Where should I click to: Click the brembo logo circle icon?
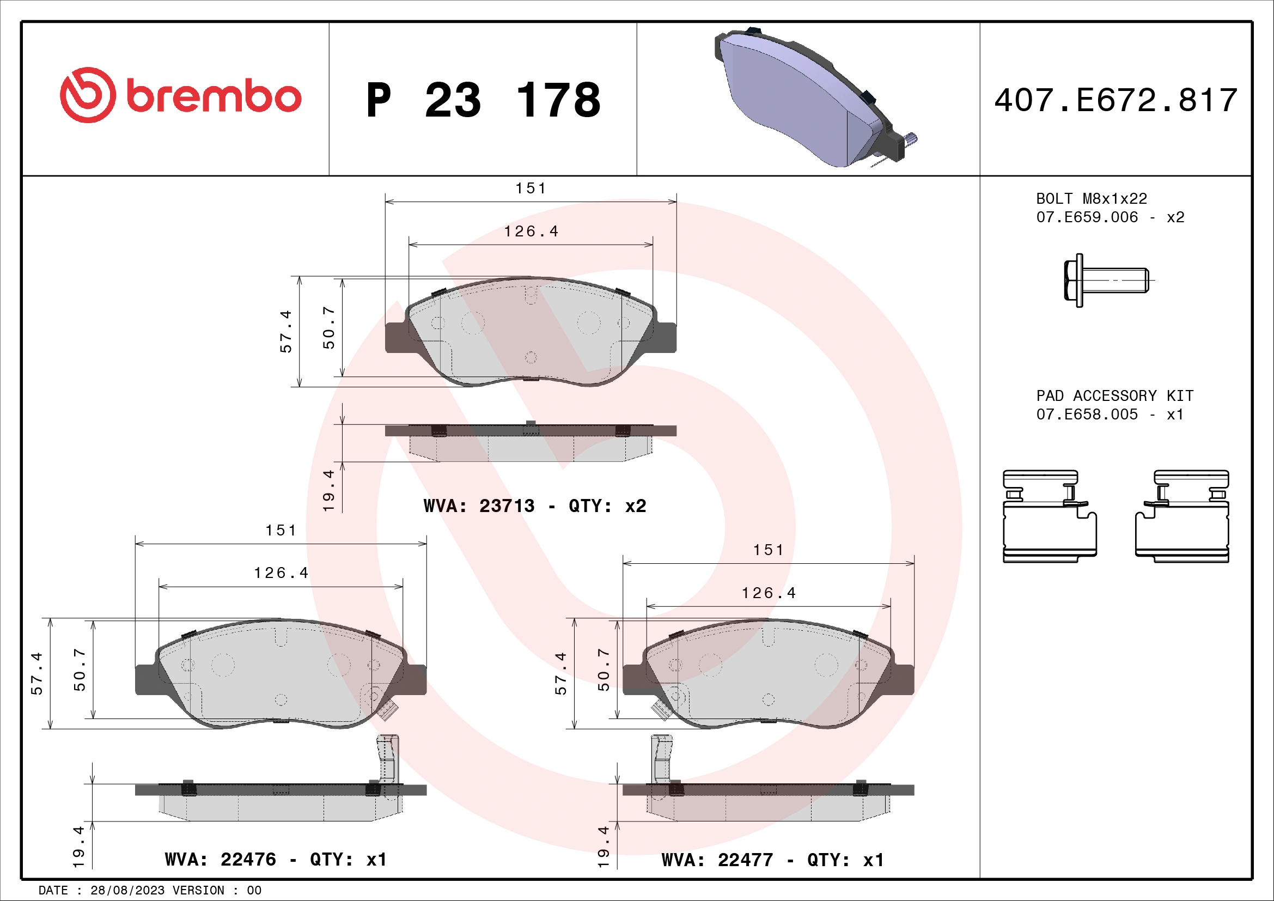point(88,95)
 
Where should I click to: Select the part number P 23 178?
point(483,100)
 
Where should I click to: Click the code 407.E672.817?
point(1115,100)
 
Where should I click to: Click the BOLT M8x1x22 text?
point(1091,199)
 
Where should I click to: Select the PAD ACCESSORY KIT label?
point(1114,395)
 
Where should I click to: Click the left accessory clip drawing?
point(1049,516)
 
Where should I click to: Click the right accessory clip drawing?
point(1182,516)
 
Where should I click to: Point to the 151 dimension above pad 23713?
point(531,188)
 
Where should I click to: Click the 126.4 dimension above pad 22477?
point(769,593)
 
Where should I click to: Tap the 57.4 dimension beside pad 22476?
point(36,673)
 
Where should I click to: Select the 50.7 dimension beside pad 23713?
point(329,327)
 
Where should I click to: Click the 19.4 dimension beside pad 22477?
point(604,847)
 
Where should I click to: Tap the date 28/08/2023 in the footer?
point(127,890)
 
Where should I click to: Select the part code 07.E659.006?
point(1087,217)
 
